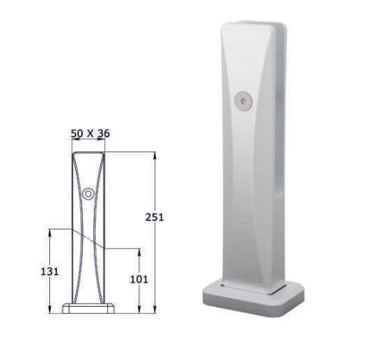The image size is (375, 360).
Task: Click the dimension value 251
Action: [x=154, y=216]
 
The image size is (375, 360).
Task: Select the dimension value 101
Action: [x=139, y=279]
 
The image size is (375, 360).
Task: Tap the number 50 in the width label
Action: [x=77, y=133]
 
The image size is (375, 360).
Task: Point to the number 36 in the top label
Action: [x=104, y=133]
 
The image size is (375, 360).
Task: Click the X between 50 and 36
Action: [x=90, y=133]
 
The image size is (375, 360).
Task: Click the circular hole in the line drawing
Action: [x=88, y=194]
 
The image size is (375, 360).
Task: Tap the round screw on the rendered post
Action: [x=242, y=99]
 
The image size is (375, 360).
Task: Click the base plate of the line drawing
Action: [x=88, y=308]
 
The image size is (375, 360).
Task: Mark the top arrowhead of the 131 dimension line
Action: [x=51, y=232]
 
